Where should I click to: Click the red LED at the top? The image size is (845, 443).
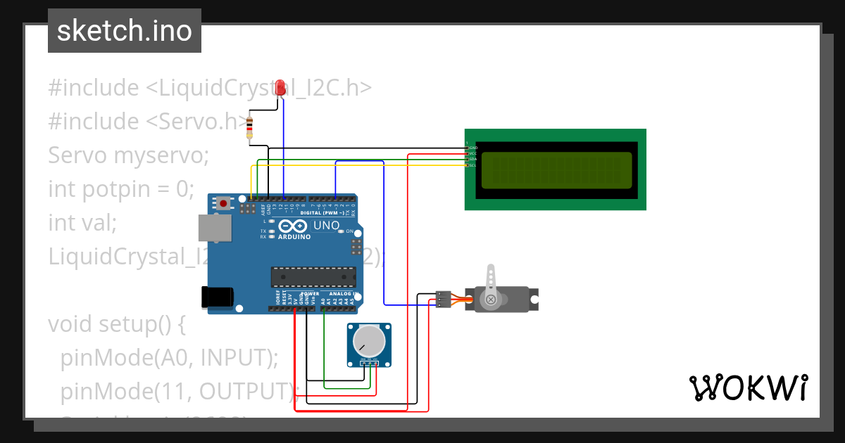(x=280, y=88)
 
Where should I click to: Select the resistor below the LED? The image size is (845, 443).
(x=249, y=129)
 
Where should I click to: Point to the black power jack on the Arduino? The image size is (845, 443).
(x=215, y=297)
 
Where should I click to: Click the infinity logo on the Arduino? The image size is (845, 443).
(x=292, y=226)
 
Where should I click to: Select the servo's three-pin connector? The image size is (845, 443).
(x=443, y=299)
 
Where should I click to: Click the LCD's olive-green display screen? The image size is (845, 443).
(x=556, y=169)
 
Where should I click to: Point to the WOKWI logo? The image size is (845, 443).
(x=748, y=387)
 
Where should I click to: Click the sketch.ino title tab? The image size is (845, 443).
(x=125, y=31)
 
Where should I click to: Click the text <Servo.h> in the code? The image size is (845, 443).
(x=199, y=121)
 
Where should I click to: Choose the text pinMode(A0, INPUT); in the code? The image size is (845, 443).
(x=170, y=358)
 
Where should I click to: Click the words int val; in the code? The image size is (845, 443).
(x=82, y=223)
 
